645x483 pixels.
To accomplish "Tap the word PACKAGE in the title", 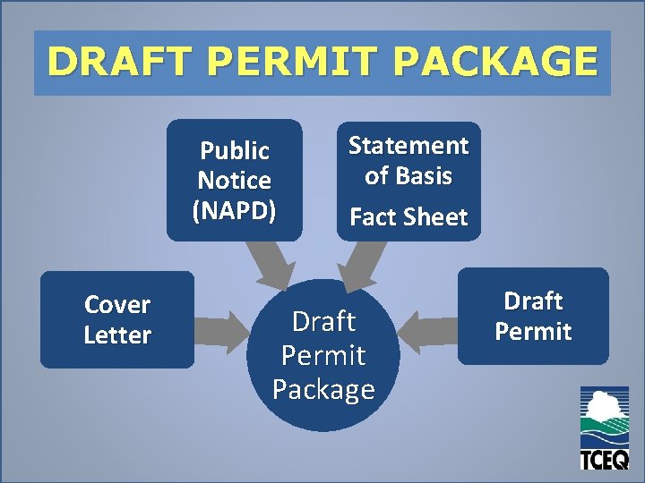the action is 494,63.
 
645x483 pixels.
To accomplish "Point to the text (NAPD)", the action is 235,210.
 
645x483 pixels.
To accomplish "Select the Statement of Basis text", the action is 408,160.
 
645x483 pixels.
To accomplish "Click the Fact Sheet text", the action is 408,217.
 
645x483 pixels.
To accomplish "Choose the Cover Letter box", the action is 116,320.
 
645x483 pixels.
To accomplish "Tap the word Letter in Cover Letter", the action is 116,335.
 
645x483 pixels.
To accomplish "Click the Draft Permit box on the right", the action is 533,316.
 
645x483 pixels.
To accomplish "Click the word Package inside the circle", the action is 323,390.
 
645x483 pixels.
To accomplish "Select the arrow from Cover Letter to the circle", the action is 224,330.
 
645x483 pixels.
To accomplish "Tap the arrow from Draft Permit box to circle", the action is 427,331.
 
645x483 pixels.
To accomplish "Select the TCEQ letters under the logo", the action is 604,459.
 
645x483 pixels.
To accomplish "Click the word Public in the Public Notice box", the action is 235,150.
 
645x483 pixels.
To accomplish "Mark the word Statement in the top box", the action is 408,145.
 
